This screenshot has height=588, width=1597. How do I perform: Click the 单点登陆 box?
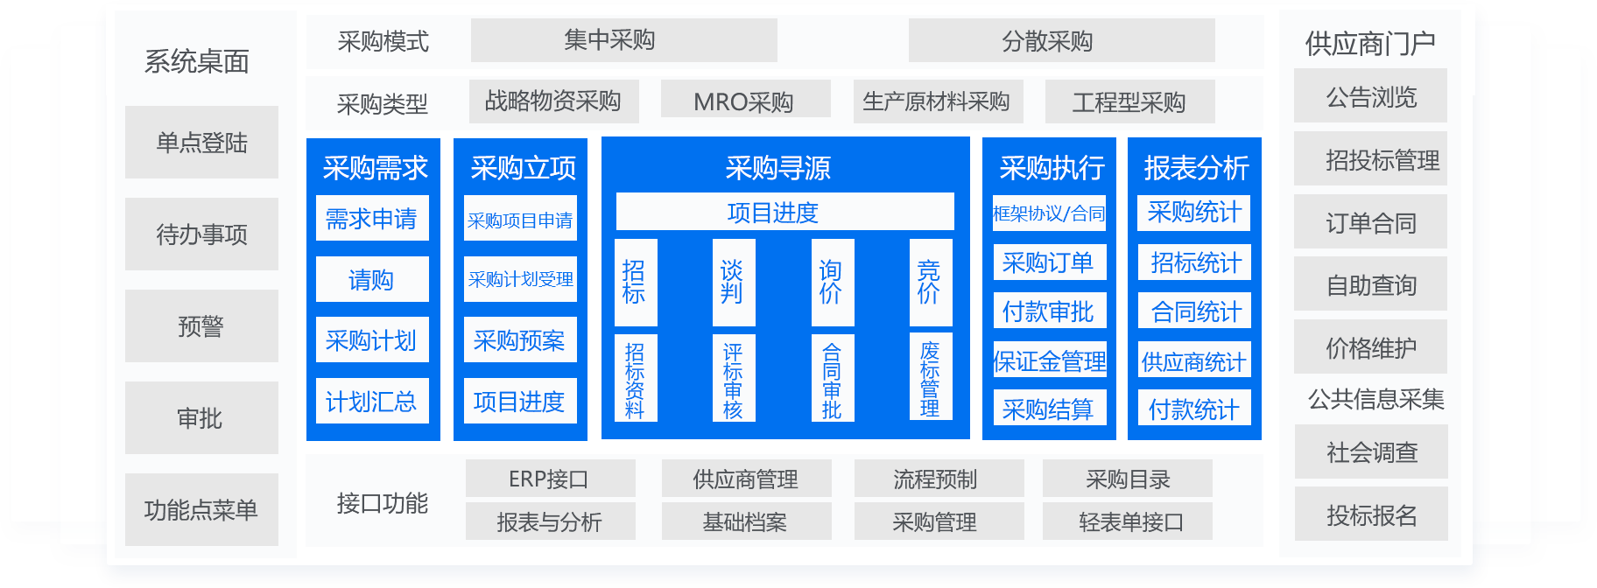pos(201,143)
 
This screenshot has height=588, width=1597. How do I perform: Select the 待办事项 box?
pos(201,234)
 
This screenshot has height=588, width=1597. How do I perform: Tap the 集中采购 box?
pos(623,40)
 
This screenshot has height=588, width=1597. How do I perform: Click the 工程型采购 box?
pos(1129,102)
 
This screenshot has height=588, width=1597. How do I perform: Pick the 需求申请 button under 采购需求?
pos(372,218)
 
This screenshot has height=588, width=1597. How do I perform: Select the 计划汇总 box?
pos(372,401)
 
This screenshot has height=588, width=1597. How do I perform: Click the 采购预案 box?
pos(520,339)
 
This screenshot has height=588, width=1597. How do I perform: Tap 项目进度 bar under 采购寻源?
pos(784,212)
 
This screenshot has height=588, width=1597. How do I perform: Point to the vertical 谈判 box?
pos(733,282)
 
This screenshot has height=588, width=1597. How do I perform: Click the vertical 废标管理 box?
pos(930,377)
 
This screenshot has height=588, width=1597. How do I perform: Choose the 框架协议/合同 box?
pos(1049,213)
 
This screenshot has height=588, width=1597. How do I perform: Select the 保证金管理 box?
pos(1049,360)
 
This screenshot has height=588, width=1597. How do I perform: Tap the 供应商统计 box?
pos(1194,360)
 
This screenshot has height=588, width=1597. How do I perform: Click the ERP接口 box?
pos(550,479)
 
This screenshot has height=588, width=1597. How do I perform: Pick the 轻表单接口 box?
pos(1128,521)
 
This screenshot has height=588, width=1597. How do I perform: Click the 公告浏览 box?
pos(1370,96)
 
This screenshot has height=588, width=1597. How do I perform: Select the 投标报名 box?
pos(1370,514)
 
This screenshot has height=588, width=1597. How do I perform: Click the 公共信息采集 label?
pos(1375,399)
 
